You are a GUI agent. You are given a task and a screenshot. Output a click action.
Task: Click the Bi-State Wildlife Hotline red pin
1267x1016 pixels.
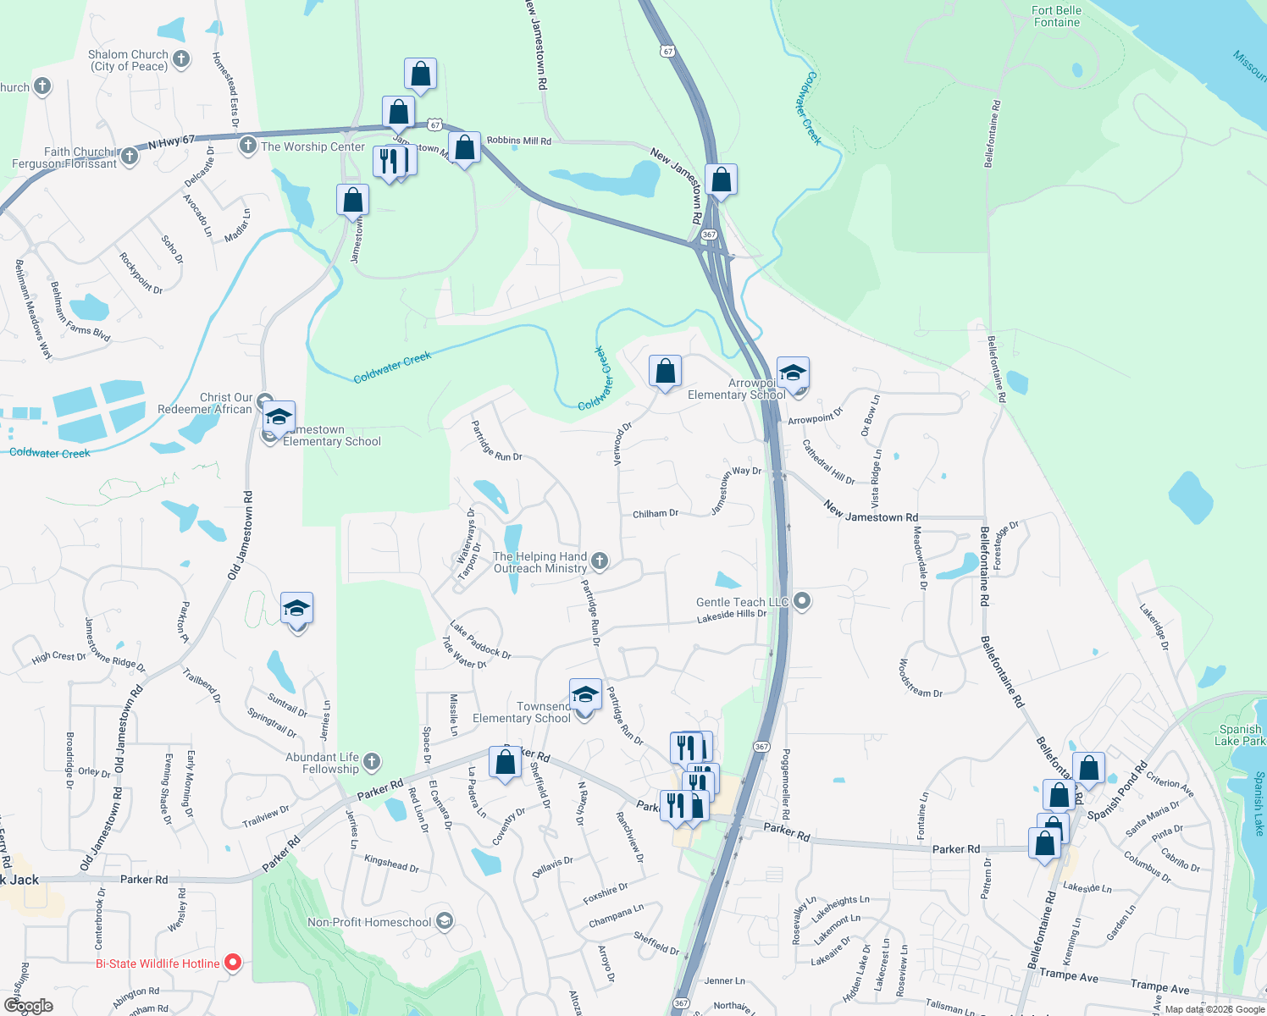(232, 963)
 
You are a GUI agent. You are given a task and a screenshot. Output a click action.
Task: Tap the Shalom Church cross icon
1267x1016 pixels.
(181, 59)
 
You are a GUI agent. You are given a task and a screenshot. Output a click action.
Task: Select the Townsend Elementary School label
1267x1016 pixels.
(522, 712)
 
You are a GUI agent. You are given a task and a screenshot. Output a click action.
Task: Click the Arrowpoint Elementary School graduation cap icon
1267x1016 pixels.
(793, 373)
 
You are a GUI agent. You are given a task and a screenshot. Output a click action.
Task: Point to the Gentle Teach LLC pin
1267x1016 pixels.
(802, 601)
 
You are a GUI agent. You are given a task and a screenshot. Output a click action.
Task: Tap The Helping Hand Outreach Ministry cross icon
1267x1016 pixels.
(600, 560)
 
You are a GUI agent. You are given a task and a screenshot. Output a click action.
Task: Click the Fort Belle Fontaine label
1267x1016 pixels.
(1056, 16)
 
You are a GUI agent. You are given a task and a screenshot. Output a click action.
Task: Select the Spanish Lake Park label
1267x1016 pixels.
(1240, 735)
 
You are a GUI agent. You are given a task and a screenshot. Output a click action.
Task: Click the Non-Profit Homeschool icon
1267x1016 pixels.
(445, 921)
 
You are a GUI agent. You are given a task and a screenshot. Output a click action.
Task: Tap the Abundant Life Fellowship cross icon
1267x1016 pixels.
(372, 762)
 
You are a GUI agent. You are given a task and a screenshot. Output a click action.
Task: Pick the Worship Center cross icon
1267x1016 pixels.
(247, 146)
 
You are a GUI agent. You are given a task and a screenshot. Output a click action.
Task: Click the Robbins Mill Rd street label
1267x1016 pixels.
(518, 141)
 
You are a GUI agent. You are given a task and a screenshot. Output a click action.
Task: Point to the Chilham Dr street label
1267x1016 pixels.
(655, 514)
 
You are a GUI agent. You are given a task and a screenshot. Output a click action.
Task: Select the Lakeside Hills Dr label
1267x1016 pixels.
(731, 616)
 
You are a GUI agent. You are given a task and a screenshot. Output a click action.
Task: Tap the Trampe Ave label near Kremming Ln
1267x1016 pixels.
(1069, 975)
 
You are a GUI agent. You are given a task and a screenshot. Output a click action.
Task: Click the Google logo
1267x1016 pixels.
(29, 1006)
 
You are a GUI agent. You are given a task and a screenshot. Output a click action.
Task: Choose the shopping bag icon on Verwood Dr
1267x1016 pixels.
(665, 371)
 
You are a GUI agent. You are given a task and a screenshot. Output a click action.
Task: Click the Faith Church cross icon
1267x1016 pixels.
(129, 156)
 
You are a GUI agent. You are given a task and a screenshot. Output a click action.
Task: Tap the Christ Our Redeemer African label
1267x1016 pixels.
(205, 403)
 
